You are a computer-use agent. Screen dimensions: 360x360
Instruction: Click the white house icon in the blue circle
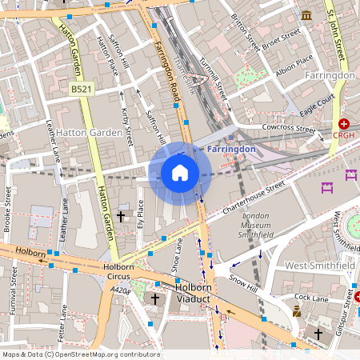point(180,173)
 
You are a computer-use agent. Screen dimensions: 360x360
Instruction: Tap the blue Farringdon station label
point(230,149)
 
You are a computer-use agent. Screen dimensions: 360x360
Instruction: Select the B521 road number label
point(81,90)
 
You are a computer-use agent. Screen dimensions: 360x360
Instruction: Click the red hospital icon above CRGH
point(344,124)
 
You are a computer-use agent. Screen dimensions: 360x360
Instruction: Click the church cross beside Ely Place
point(122,217)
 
